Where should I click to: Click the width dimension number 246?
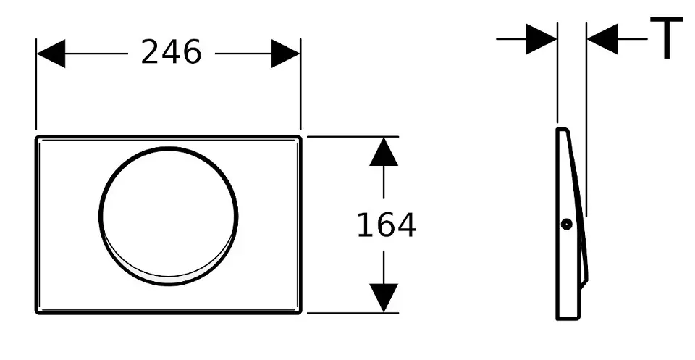(171, 52)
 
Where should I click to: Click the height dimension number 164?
(386, 225)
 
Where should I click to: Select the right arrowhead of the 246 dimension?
(286, 54)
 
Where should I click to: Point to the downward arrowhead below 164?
(384, 298)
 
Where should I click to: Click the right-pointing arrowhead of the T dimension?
(541, 38)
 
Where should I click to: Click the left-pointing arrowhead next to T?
(602, 38)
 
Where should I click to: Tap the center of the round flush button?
(169, 214)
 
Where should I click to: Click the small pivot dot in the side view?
(567, 225)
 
